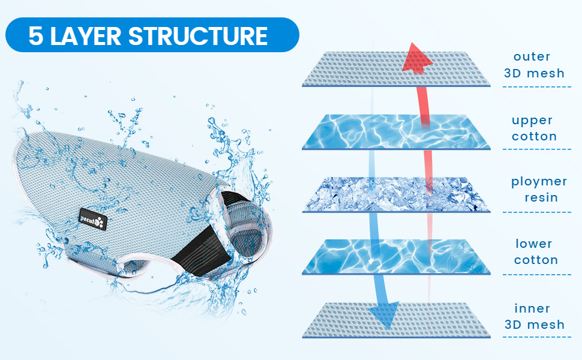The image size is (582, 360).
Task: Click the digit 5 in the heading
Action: click(36, 36)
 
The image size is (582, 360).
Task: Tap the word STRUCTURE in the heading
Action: click(197, 36)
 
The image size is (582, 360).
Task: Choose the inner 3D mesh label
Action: click(534, 317)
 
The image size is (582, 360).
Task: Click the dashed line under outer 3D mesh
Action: click(536, 87)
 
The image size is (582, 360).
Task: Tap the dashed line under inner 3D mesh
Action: click(536, 337)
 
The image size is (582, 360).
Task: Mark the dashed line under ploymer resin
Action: click(536, 212)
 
